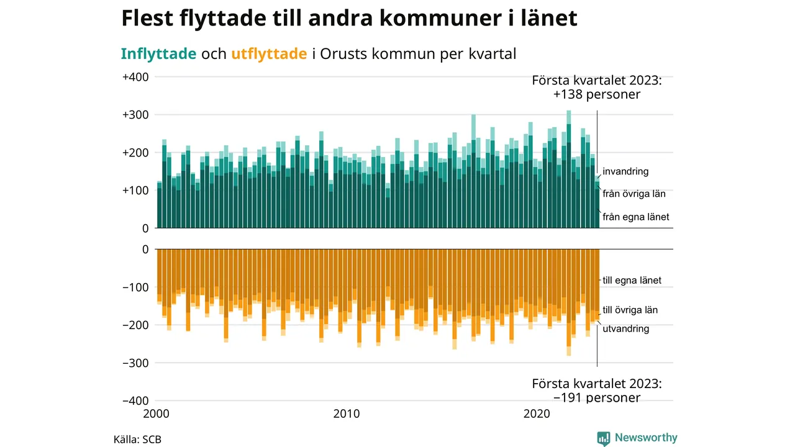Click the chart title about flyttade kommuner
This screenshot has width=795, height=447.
pyautogui.click(x=349, y=19)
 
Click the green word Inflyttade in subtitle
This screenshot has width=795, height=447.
pyautogui.click(x=158, y=53)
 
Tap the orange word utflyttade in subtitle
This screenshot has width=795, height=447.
pyautogui.click(x=269, y=53)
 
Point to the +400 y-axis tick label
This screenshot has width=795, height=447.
pyautogui.click(x=135, y=77)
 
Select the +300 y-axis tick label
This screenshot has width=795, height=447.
pyautogui.click(x=135, y=115)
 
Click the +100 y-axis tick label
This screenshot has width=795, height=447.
pyautogui.click(x=135, y=191)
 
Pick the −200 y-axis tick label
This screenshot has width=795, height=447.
pyautogui.click(x=134, y=325)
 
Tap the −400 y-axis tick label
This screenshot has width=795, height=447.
pyautogui.click(x=134, y=400)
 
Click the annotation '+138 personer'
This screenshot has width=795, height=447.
pyautogui.click(x=597, y=95)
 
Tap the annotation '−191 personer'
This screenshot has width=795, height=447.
pyautogui.click(x=597, y=397)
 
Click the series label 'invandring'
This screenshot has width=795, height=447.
pyautogui.click(x=625, y=171)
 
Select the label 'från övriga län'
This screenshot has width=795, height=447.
pyautogui.click(x=634, y=194)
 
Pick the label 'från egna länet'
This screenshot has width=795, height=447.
pyautogui.click(x=636, y=217)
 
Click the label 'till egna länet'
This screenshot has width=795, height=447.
pyautogui.click(x=632, y=281)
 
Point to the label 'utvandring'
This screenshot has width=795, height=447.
pyautogui.click(x=626, y=328)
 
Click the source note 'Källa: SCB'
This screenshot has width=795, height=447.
pyautogui.click(x=137, y=440)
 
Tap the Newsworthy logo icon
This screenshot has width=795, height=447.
pyautogui.click(x=604, y=438)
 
